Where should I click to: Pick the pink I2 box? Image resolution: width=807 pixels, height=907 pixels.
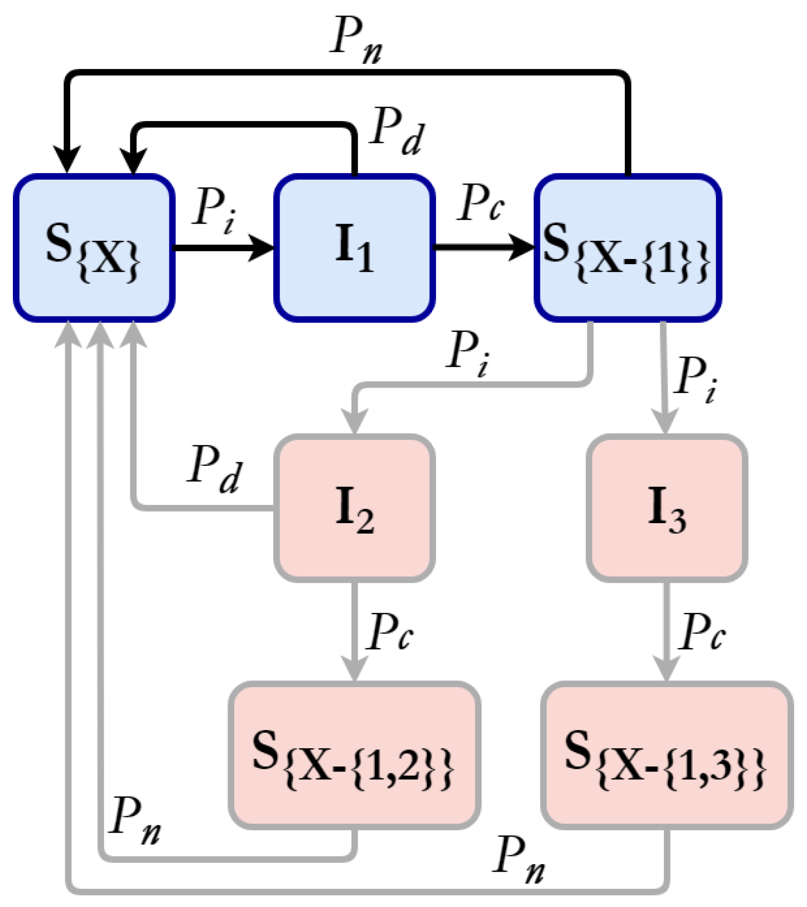coord(354,508)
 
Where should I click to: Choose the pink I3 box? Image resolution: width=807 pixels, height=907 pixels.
coord(666,508)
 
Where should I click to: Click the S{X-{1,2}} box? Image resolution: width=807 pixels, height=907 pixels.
coord(354,756)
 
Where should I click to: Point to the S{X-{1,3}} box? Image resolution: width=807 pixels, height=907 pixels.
coord(666,756)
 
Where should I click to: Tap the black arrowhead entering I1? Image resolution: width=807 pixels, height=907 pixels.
coord(262,247)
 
